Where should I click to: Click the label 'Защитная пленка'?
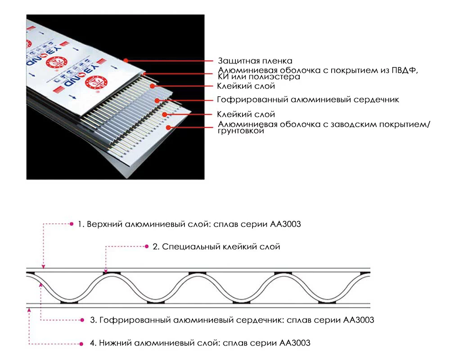pyautogui.click(x=255, y=61)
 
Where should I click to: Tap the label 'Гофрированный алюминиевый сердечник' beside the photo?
pyautogui.click(x=308, y=99)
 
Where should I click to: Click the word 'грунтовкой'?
pyautogui.click(x=241, y=131)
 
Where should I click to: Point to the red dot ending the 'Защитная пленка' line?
pyautogui.click(x=126, y=60)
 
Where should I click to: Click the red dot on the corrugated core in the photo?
pyautogui.click(x=157, y=100)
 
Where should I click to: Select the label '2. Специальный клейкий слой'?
pyautogui.click(x=216, y=247)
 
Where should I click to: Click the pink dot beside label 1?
pyautogui.click(x=72, y=224)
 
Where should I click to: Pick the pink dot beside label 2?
pyautogui.click(x=147, y=246)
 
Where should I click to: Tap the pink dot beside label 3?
pyautogui.click(x=82, y=320)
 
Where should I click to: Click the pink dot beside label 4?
pyautogui.click(x=81, y=344)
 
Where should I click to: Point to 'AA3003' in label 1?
pyautogui.click(x=285, y=224)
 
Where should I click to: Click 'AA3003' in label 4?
pyautogui.click(x=295, y=343)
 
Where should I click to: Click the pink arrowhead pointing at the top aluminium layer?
pyautogui.click(x=43, y=267)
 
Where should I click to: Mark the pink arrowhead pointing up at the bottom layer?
pyautogui.click(x=29, y=310)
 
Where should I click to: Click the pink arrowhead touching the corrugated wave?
pyautogui.click(x=41, y=284)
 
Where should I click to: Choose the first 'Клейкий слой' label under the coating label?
pyautogui.click(x=246, y=86)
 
